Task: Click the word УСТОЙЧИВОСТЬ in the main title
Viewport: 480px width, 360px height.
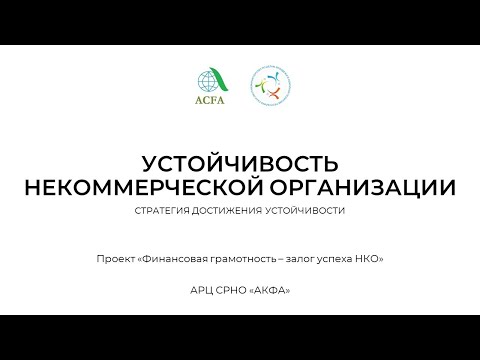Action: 240,163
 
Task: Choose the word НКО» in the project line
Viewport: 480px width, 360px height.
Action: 371,259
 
